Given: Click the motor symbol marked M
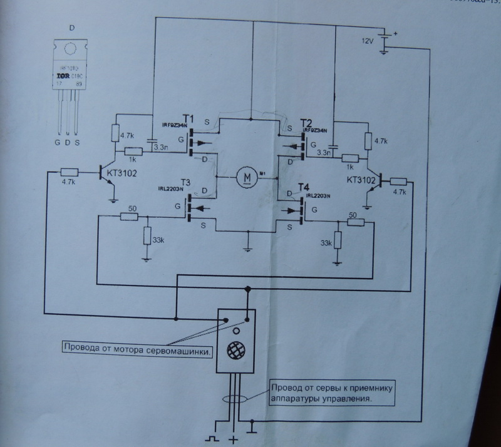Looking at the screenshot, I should pos(246,178).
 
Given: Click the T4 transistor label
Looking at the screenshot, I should pos(304,187).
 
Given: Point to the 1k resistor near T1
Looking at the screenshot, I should pos(133,151).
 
